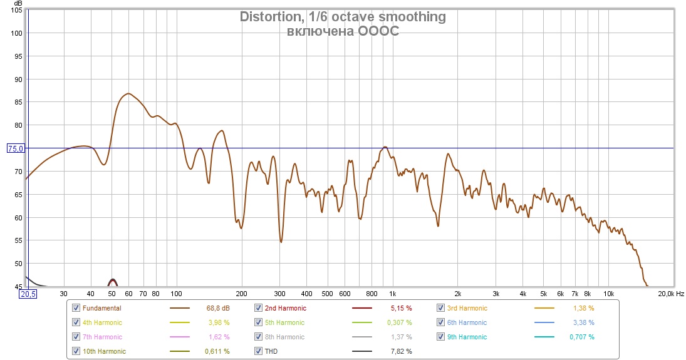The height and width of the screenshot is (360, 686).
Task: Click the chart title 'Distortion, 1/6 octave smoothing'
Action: tap(343, 17)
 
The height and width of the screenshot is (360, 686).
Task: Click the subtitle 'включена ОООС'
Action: tap(343, 31)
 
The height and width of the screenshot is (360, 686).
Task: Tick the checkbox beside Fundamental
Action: tap(76, 308)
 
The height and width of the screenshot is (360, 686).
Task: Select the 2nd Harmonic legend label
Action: tap(286, 308)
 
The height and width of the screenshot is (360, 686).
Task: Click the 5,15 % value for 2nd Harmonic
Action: tap(400, 308)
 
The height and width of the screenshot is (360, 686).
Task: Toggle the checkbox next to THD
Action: tap(259, 351)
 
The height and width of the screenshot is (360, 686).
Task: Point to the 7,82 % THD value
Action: tap(400, 351)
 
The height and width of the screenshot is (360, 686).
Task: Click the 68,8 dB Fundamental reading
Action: tap(217, 308)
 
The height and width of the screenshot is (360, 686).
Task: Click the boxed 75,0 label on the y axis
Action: tap(16, 148)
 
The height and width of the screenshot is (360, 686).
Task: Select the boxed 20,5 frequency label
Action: tap(28, 294)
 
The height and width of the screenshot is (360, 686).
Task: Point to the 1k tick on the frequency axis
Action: tap(393, 293)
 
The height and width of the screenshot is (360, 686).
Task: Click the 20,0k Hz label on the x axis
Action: tap(666, 293)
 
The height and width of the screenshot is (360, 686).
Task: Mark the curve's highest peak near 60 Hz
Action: tap(128, 94)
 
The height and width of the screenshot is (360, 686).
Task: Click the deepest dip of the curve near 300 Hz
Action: tap(281, 242)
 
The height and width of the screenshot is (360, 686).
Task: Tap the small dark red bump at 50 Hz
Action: tap(112, 281)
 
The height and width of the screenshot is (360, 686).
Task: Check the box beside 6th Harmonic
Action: tap(442, 322)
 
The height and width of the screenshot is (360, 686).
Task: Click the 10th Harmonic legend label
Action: tap(104, 351)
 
